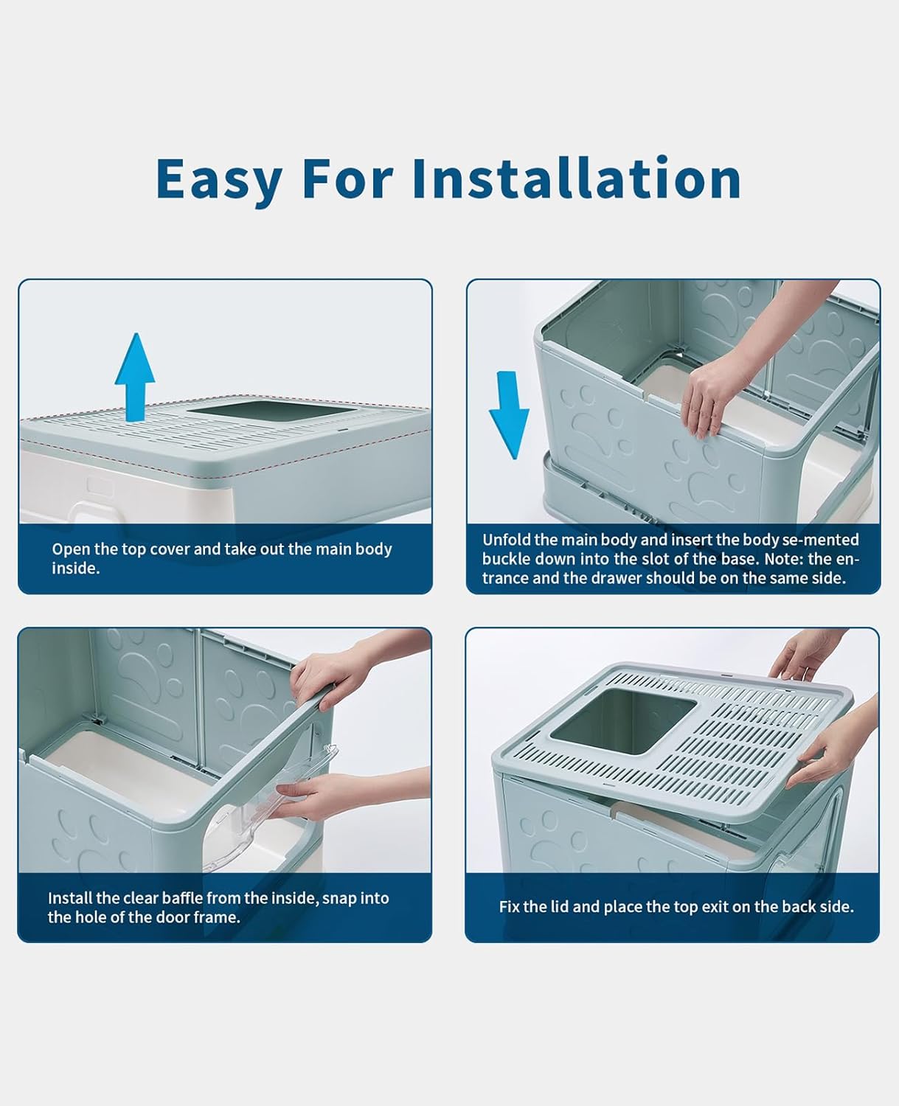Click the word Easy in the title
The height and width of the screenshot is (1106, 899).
(x=219, y=179)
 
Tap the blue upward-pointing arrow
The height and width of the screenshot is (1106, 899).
(x=135, y=375)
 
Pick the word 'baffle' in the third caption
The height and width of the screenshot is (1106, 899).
(x=178, y=898)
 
